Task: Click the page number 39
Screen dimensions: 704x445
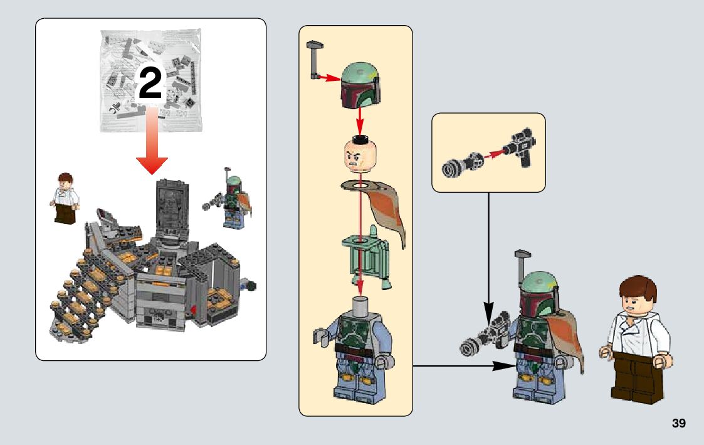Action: pyautogui.click(x=678, y=424)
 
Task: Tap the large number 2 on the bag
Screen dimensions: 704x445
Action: pyautogui.click(x=150, y=85)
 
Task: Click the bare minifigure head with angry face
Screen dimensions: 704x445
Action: pyautogui.click(x=359, y=154)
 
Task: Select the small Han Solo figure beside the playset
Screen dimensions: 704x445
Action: pyautogui.click(x=65, y=198)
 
